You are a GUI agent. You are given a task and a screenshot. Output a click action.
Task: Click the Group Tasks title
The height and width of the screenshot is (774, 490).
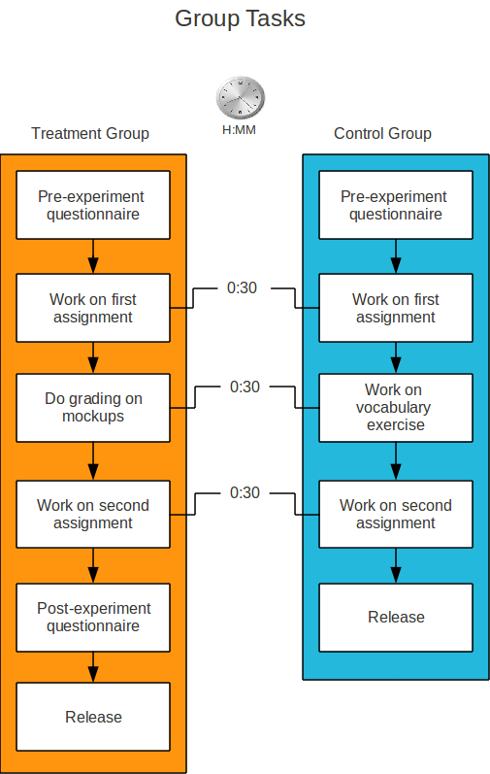coord(240,19)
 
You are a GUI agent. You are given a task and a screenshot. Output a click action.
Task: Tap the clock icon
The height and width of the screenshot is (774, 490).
coord(241,97)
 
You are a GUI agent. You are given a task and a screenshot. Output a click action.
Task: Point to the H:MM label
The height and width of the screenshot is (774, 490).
coord(239,130)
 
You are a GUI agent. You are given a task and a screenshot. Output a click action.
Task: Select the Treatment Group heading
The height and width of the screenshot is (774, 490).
coord(90,134)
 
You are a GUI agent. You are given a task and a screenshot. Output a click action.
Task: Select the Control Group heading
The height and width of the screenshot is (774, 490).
coord(382,133)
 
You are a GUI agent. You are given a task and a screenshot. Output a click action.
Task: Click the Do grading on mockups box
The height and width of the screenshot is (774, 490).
coord(93,408)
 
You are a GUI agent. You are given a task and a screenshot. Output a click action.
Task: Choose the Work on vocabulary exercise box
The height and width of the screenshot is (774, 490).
coord(396,408)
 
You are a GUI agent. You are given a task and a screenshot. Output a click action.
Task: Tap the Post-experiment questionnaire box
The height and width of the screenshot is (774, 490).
coord(93,618)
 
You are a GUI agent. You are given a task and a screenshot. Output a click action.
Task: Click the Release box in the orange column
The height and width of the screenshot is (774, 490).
coord(93,717)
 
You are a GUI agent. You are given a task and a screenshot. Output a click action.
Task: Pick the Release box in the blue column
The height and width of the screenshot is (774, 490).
coord(396,618)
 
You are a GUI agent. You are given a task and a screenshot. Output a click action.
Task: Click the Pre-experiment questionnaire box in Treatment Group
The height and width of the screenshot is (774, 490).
coord(93,205)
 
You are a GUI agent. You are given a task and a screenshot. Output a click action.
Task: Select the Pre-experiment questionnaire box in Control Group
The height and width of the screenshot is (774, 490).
coord(396,205)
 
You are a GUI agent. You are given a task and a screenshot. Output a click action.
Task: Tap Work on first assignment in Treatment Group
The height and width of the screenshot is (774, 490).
coord(93,308)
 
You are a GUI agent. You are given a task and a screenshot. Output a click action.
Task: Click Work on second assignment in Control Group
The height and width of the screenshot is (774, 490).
coord(396,515)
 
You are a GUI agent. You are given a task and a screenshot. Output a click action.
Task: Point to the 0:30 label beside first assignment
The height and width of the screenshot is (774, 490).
coord(242,287)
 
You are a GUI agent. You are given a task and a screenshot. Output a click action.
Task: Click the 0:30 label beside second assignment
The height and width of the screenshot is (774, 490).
coord(245,492)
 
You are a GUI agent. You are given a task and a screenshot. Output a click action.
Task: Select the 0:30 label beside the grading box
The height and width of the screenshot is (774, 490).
coord(245,387)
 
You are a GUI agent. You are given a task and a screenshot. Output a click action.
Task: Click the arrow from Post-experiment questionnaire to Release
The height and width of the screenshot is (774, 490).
coord(93,667)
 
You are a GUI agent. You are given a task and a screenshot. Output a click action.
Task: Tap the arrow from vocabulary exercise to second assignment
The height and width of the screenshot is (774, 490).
coord(396,461)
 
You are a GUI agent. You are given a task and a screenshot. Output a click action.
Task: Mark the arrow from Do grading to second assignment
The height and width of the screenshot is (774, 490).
coord(93,461)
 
